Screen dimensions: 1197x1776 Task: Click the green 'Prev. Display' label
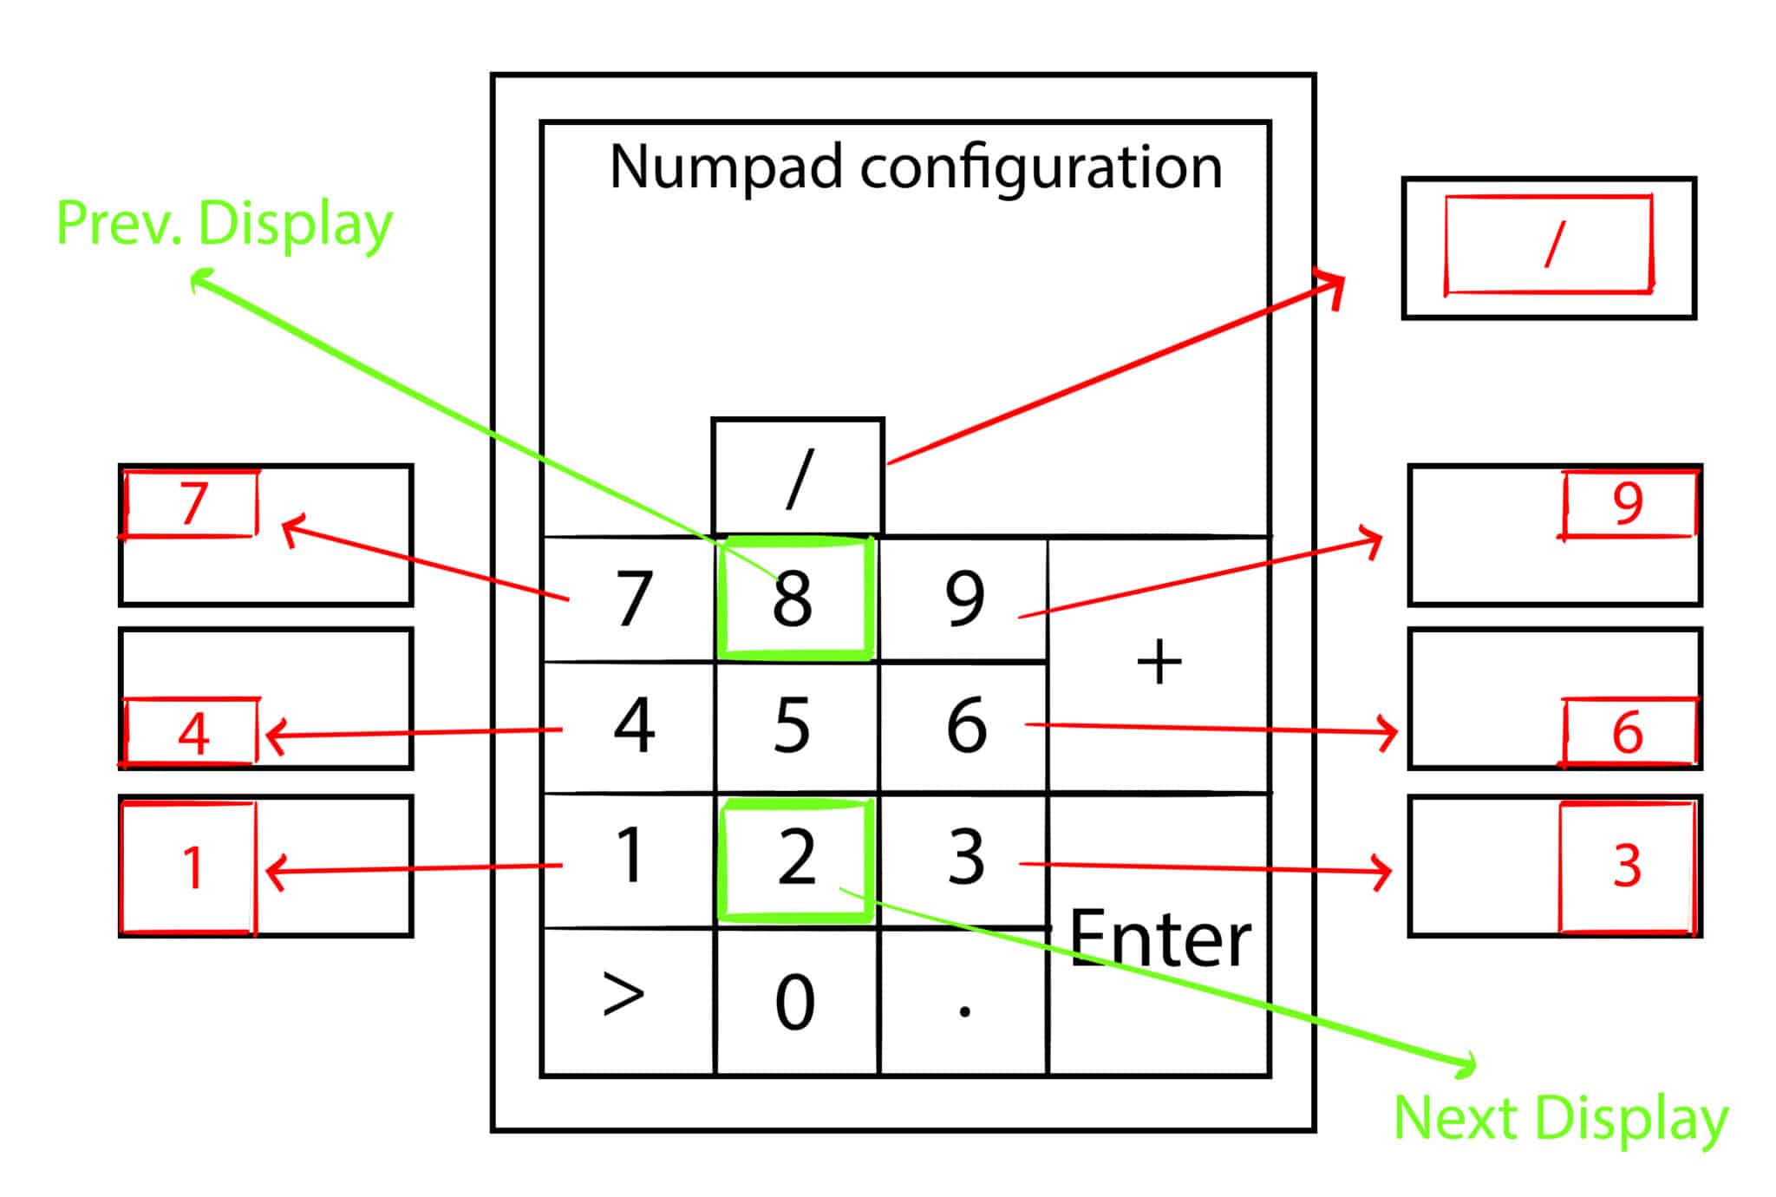[224, 224]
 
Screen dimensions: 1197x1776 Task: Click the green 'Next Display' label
[1560, 1119]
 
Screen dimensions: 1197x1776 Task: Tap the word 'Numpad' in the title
[725, 167]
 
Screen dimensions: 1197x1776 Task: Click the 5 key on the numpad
[793, 727]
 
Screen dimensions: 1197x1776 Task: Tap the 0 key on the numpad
[794, 1003]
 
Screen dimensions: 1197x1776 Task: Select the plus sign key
[1159, 664]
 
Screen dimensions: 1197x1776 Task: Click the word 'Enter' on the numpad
[1160, 939]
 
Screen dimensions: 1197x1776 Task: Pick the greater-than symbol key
[624, 996]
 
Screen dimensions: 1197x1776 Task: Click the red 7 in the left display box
[193, 503]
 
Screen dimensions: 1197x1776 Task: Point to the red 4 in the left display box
[193, 734]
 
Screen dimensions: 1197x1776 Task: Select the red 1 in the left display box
[193, 867]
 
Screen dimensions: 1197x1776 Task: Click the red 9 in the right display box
[1627, 503]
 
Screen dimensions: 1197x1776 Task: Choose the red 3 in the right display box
[1627, 866]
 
